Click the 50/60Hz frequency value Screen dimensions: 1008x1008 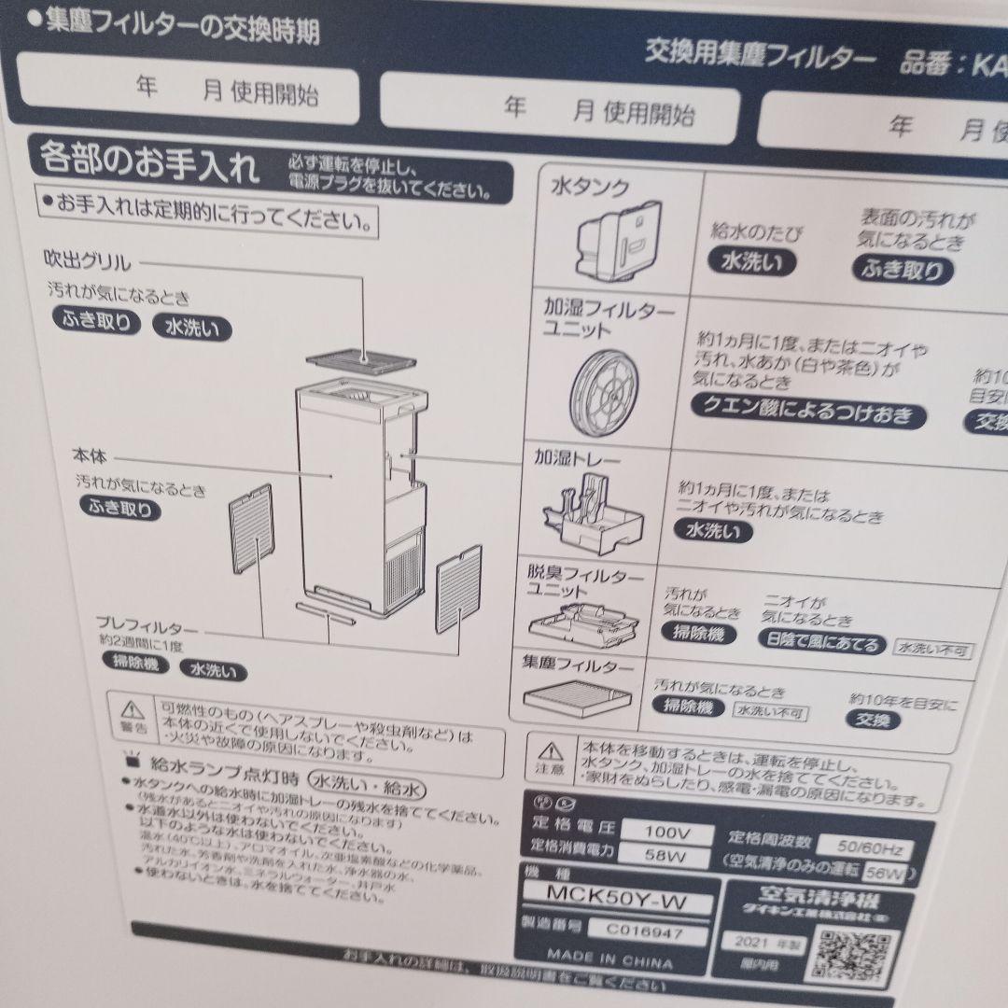863,848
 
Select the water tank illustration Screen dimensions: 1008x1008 610,241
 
